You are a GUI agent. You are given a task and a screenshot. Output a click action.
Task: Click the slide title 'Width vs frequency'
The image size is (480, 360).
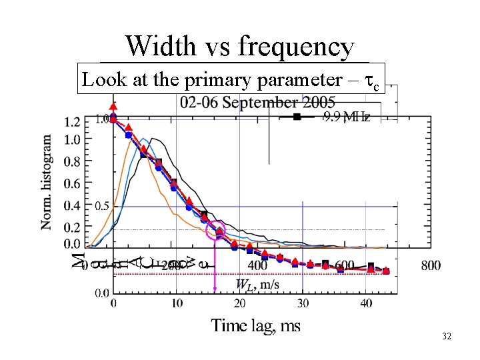tap(240, 47)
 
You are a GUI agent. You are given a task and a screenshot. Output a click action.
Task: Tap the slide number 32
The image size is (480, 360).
tap(446, 337)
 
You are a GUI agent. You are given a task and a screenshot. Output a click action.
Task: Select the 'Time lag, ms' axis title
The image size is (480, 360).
tap(256, 325)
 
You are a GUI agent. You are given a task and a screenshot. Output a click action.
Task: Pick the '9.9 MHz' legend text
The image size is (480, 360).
tap(347, 118)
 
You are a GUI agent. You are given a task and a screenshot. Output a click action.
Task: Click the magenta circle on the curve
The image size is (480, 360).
tap(217, 231)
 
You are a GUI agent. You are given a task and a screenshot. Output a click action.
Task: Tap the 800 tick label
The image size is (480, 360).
tap(431, 265)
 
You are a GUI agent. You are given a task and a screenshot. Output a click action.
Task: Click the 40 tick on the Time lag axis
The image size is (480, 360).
tap(366, 304)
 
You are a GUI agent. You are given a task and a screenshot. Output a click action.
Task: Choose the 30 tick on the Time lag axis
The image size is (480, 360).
tap(303, 304)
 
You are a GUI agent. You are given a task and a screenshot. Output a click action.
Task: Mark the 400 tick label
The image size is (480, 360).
tap(257, 265)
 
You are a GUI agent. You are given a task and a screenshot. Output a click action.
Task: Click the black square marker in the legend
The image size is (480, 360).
tap(298, 118)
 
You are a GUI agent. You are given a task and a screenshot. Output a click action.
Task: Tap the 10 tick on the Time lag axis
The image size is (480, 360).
tap(176, 304)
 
